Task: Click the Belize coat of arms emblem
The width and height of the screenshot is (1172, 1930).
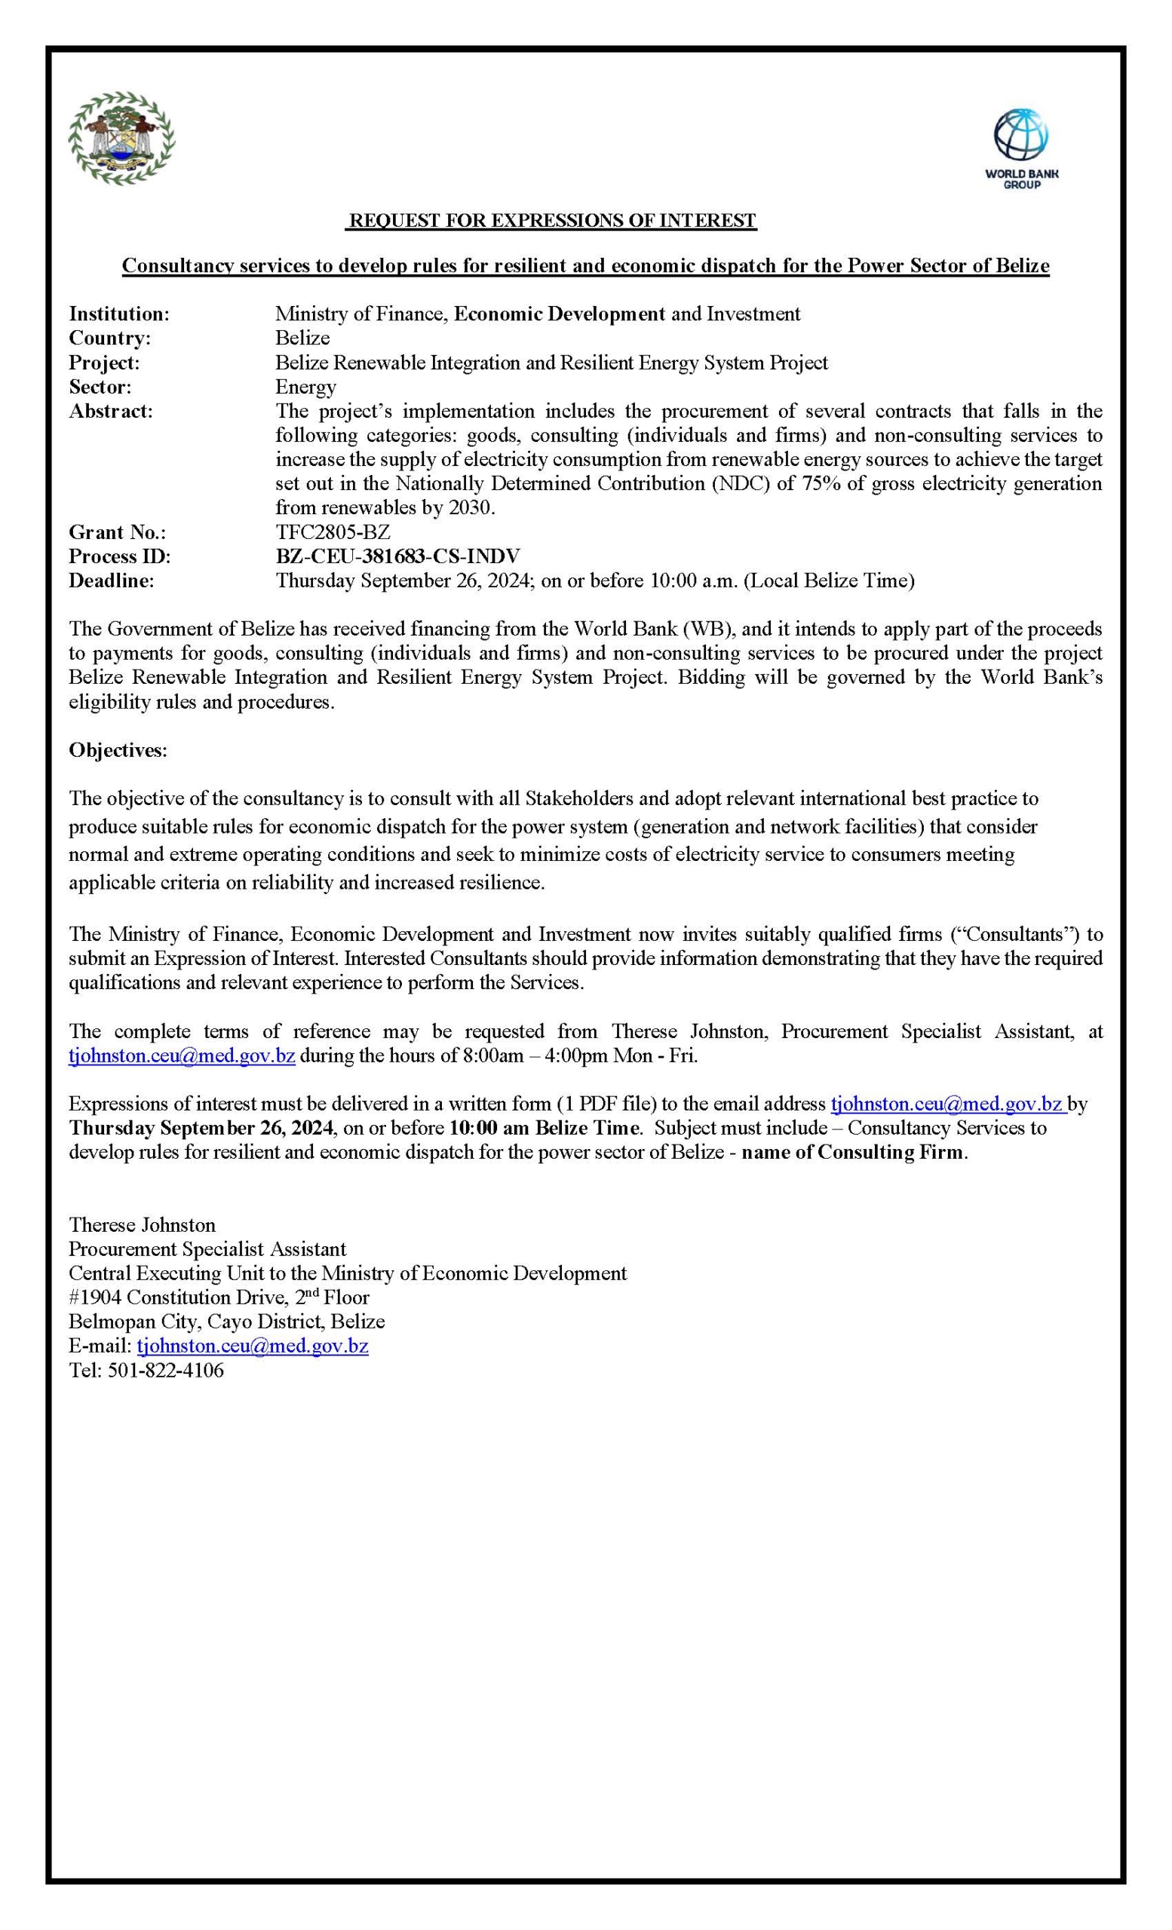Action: pos(121,138)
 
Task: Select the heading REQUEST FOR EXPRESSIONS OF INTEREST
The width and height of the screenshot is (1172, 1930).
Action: pos(552,221)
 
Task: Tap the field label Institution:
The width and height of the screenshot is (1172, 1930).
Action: pos(119,314)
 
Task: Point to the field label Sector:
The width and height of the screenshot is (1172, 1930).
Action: pos(100,387)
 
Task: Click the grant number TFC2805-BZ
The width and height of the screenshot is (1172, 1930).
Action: pos(332,532)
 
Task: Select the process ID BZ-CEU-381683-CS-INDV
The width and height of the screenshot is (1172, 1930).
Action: pos(397,557)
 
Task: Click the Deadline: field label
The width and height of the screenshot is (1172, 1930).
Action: pos(112,581)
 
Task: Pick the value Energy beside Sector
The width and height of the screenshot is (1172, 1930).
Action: pos(305,387)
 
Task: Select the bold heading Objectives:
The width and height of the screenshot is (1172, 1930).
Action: pos(118,750)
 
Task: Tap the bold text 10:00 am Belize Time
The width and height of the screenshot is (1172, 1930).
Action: pos(544,1129)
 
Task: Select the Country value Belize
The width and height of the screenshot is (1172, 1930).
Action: pos(302,339)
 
